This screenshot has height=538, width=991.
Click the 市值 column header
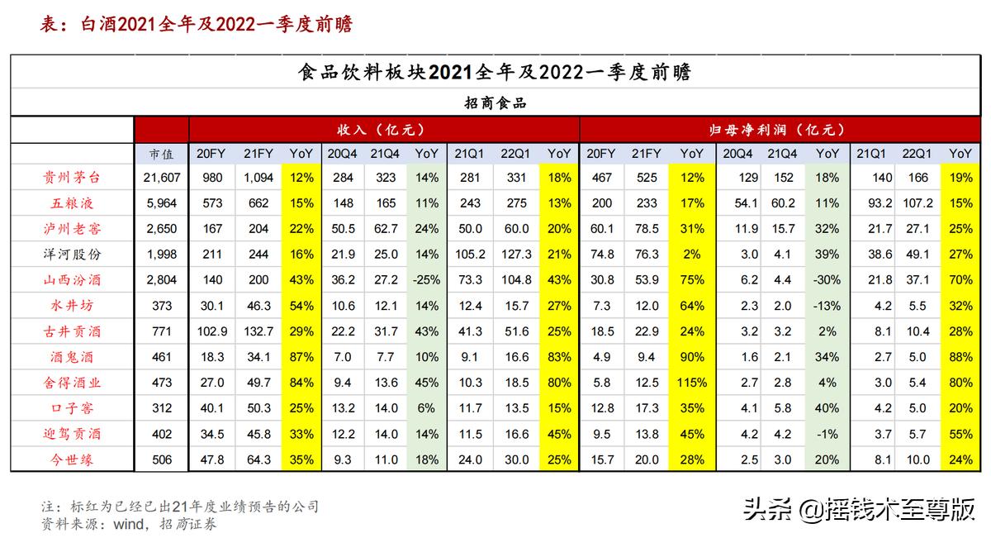click(161, 154)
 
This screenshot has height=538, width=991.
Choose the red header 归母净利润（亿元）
click(777, 130)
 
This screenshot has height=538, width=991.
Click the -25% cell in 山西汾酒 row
click(426, 280)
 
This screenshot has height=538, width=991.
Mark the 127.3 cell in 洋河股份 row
click(516, 255)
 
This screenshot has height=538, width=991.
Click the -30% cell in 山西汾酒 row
click(827, 280)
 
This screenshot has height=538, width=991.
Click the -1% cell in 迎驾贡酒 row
click(827, 434)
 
